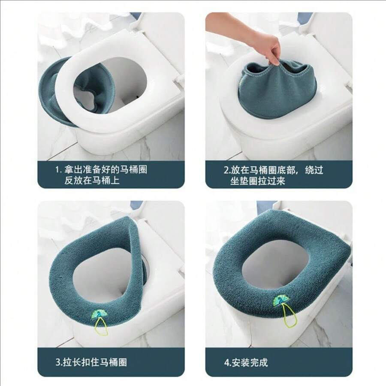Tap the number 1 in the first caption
[x=58, y=170]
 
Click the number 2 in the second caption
[x=226, y=170]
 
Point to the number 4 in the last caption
[x=226, y=362]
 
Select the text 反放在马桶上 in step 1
[x=92, y=181]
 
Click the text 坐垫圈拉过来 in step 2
[x=258, y=181]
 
